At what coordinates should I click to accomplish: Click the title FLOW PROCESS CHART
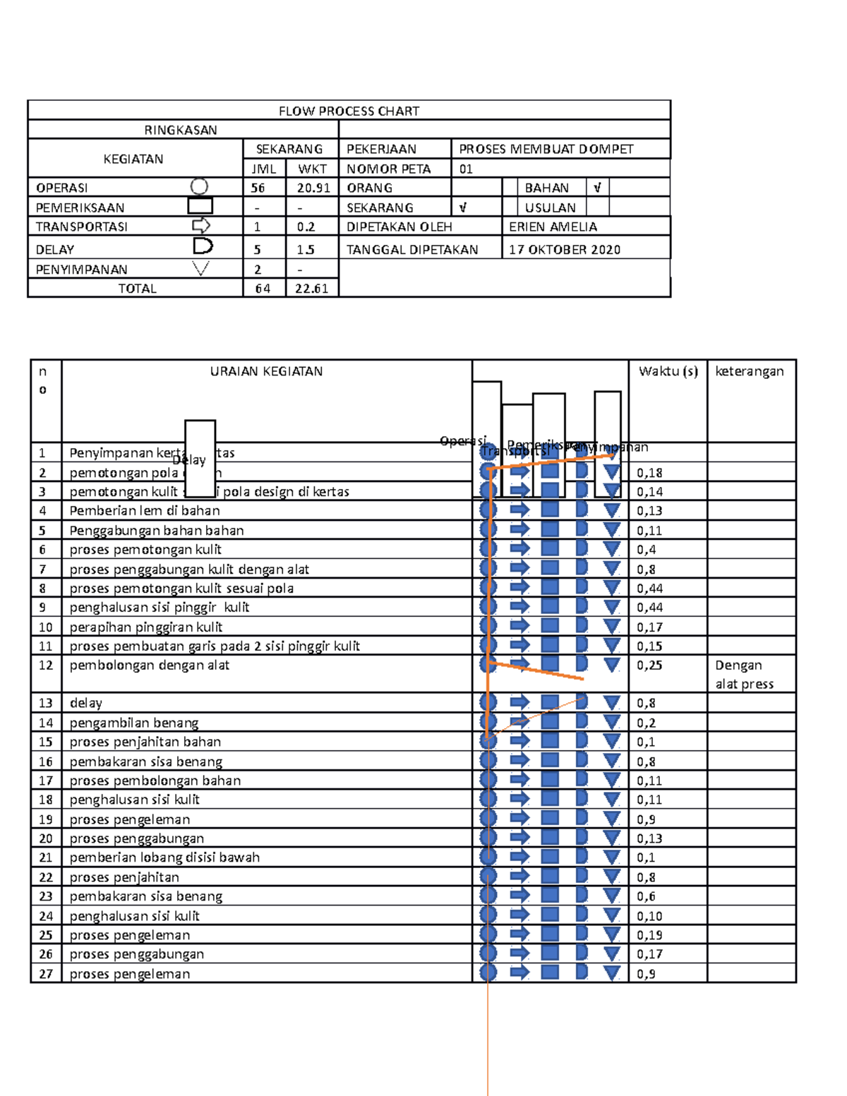[x=349, y=111]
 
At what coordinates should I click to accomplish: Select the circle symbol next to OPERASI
[x=200, y=186]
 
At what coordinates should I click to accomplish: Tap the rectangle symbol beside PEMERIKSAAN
[x=200, y=206]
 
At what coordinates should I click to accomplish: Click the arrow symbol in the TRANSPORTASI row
[x=201, y=226]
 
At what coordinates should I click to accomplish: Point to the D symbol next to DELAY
[x=203, y=246]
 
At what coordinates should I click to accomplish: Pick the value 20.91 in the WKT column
[x=313, y=188]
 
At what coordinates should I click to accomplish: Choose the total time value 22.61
[x=312, y=289]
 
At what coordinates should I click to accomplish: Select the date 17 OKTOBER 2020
[x=565, y=250]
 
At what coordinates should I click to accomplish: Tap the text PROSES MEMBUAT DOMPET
[x=546, y=149]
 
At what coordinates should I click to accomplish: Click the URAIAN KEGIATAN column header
[x=266, y=371]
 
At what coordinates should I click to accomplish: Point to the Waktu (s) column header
[x=668, y=371]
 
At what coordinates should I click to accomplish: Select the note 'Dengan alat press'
[x=744, y=675]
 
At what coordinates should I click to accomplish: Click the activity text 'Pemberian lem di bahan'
[x=145, y=510]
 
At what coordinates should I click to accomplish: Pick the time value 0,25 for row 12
[x=649, y=666]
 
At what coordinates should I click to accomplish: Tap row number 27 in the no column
[x=46, y=974]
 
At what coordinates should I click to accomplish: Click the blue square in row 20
[x=550, y=837]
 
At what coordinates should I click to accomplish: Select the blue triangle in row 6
[x=612, y=549]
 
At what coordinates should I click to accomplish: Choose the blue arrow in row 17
[x=519, y=779]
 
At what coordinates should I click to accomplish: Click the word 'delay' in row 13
[x=86, y=703]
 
